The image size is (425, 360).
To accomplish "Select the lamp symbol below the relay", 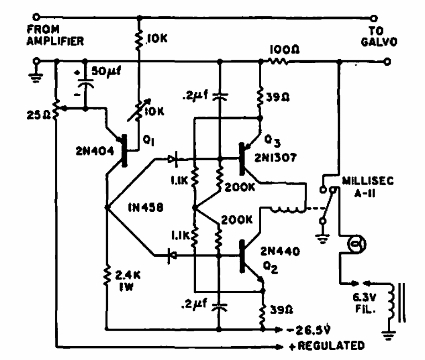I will click(x=353, y=243).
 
